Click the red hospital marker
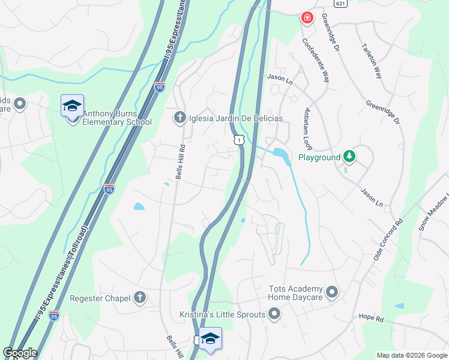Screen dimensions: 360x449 click(x=307, y=18)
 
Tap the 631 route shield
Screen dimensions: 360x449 click(x=341, y=4)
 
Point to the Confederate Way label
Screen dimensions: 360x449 click(x=316, y=61)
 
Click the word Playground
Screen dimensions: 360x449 click(x=319, y=158)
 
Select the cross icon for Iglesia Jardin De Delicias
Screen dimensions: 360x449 click(x=179, y=118)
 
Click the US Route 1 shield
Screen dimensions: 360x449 click(x=240, y=139)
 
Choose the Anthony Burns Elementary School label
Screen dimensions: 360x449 click(x=118, y=118)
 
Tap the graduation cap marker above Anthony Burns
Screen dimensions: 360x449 click(x=72, y=106)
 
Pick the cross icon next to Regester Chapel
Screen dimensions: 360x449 click(x=139, y=298)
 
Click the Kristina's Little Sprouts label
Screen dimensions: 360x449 click(x=222, y=314)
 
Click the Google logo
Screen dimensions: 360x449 click(x=20, y=353)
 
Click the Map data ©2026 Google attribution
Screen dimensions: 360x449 click(x=412, y=355)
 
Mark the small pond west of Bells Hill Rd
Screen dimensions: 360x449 click(x=139, y=206)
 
